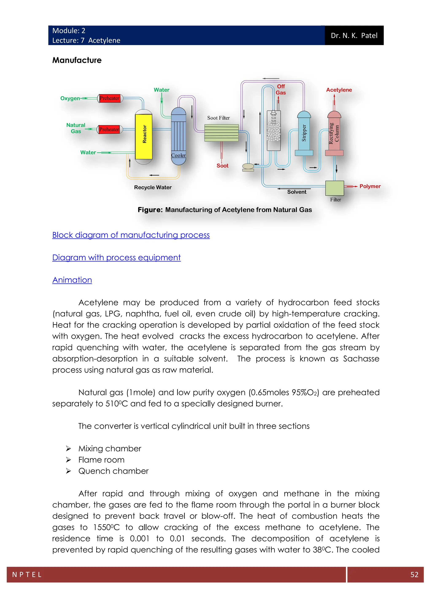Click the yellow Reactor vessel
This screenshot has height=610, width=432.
[144, 136]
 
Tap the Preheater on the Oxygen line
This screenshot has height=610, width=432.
[110, 98]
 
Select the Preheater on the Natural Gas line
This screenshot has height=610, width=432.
[109, 129]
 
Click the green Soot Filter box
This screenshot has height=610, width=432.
[221, 133]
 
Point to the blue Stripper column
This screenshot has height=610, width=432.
[304, 133]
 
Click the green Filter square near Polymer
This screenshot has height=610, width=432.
[335, 188]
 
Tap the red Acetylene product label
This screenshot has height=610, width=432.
[339, 90]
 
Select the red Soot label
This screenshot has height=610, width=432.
[222, 166]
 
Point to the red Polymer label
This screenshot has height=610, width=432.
[370, 186]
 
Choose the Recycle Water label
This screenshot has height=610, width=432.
[153, 187]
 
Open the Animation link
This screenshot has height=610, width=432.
[72, 280]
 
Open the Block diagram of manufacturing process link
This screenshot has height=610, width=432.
[131, 235]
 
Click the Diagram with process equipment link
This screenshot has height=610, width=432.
[116, 257]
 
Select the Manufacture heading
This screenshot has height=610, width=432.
[77, 60]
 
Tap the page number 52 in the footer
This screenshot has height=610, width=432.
[414, 575]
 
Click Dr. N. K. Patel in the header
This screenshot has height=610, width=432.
[354, 36]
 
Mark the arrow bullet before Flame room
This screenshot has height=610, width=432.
[69, 460]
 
